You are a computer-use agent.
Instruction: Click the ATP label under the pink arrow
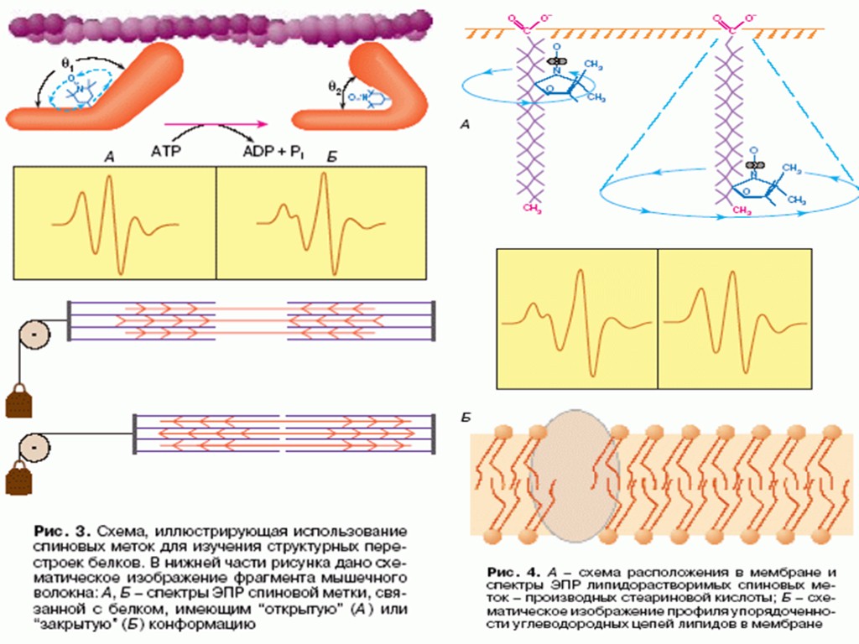[x=167, y=153]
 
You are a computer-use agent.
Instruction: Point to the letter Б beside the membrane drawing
[x=466, y=416]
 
